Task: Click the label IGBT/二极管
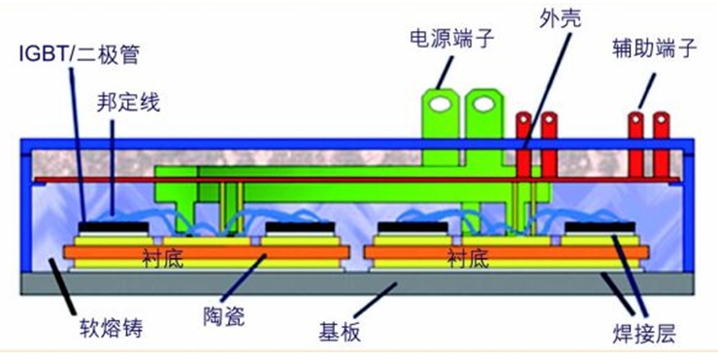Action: coord(79,54)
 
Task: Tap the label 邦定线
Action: coord(128,103)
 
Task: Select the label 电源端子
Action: coord(451,39)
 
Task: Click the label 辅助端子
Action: coord(655,49)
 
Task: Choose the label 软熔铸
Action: coord(112,328)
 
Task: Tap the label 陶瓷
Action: coord(224,316)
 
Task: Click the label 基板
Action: coord(340,332)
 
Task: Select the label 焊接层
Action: coord(644,335)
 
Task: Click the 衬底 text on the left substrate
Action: coord(163,259)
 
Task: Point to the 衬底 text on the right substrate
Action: coord(468,259)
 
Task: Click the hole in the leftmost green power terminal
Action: coord(440,105)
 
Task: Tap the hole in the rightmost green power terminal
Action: coord(484,105)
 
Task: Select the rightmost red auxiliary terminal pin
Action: coord(661,146)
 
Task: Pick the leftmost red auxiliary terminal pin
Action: coord(523,146)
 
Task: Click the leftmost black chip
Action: coord(114,227)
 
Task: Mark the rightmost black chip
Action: coord(600,227)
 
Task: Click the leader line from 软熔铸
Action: coord(63,286)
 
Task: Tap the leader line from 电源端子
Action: coord(444,73)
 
